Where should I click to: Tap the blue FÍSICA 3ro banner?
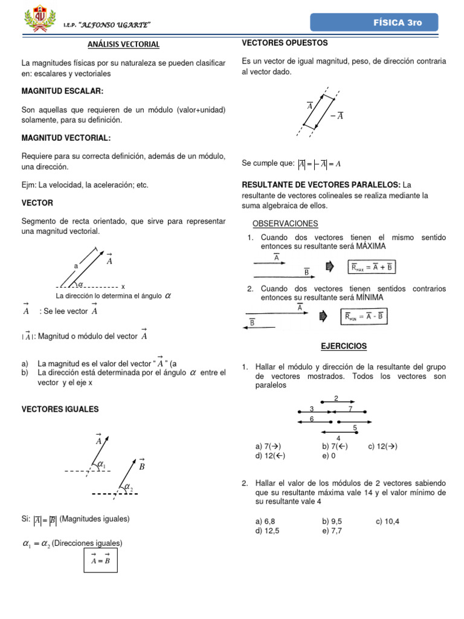[374, 22]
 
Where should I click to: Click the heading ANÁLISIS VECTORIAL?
[124, 44]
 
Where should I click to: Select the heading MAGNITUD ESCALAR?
[62, 91]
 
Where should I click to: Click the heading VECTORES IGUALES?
[60, 409]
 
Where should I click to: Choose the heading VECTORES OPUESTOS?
[285, 43]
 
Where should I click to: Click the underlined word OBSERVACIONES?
[285, 224]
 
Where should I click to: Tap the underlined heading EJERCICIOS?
[343, 346]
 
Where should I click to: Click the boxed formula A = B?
[100, 560]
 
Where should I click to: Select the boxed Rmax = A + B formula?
[373, 267]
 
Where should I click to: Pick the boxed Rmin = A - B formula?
[366, 316]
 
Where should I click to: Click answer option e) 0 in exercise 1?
[329, 456]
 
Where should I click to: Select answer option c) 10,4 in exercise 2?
[387, 521]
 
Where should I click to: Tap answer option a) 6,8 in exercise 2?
[266, 521]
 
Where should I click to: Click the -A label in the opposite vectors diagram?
[337, 116]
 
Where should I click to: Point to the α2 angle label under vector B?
[128, 488]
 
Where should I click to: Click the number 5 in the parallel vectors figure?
[355, 428]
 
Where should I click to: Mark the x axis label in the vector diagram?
[123, 286]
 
